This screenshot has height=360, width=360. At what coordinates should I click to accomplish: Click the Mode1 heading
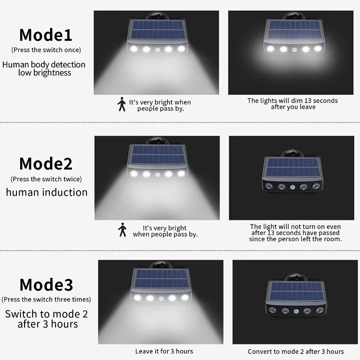pyautogui.click(x=46, y=35)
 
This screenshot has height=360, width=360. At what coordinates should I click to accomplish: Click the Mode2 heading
pyautogui.click(x=46, y=164)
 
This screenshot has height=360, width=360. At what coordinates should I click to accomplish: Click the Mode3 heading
pyautogui.click(x=46, y=285)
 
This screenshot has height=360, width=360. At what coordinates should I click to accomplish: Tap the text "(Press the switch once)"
pyautogui.click(x=46, y=50)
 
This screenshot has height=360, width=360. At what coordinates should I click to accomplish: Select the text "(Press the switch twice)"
pyautogui.click(x=46, y=179)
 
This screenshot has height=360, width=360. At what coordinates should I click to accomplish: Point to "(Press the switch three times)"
pyautogui.click(x=46, y=300)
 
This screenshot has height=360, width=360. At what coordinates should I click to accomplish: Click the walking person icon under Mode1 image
pyautogui.click(x=122, y=104)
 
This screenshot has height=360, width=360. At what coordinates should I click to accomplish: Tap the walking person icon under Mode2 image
pyautogui.click(x=122, y=230)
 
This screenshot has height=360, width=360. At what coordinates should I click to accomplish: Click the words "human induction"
pyautogui.click(x=47, y=192)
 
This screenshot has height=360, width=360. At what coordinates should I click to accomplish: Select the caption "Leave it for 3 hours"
pyautogui.click(x=164, y=351)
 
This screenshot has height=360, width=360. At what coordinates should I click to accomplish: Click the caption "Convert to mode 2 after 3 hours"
pyautogui.click(x=296, y=351)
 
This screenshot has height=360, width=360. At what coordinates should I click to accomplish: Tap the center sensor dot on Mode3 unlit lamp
pyautogui.click(x=296, y=311)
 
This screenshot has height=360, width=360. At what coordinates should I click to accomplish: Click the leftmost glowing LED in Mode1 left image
pyautogui.click(x=134, y=49)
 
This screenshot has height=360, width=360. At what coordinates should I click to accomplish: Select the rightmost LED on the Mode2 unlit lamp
pyautogui.click(x=316, y=186)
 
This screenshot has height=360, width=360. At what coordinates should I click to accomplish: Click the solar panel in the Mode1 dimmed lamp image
pyautogui.click(x=295, y=30)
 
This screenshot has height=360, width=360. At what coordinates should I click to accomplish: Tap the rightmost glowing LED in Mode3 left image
pyautogui.click(x=185, y=298)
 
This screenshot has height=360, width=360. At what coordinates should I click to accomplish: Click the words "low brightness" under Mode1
pyautogui.click(x=45, y=73)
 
